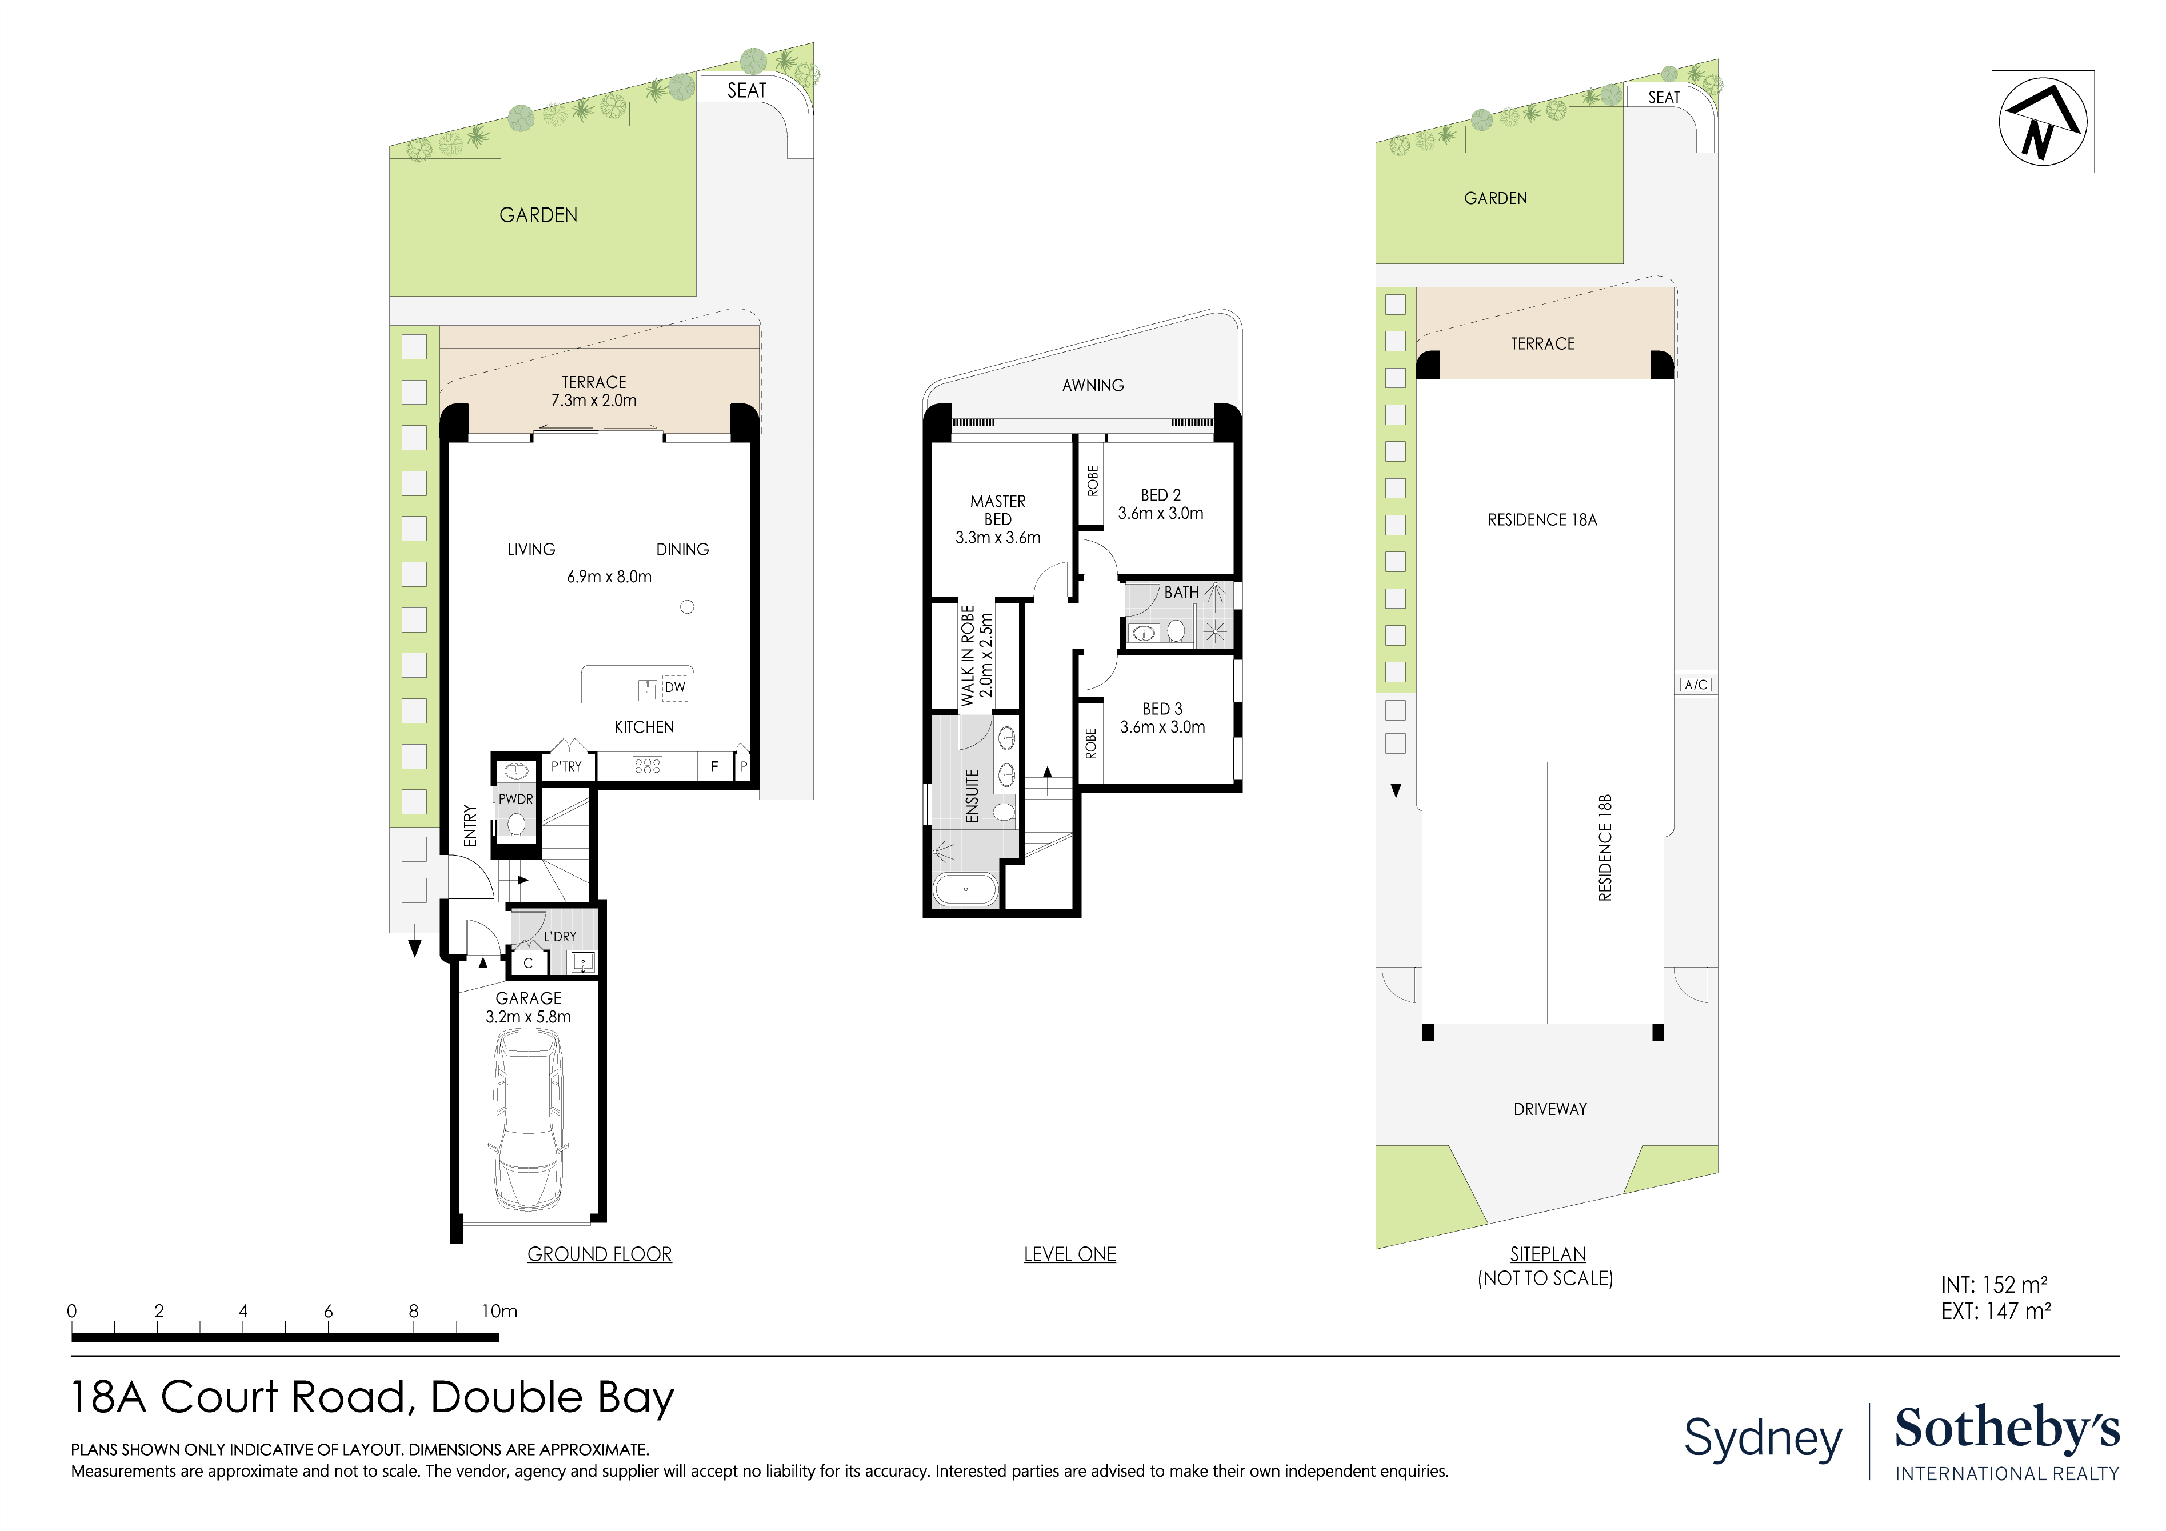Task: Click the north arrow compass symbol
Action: [2043, 122]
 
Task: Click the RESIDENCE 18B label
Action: [1605, 848]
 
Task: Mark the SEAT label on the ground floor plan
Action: [746, 90]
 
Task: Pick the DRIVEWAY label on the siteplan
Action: [1550, 1109]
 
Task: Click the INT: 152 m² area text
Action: [1993, 1285]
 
